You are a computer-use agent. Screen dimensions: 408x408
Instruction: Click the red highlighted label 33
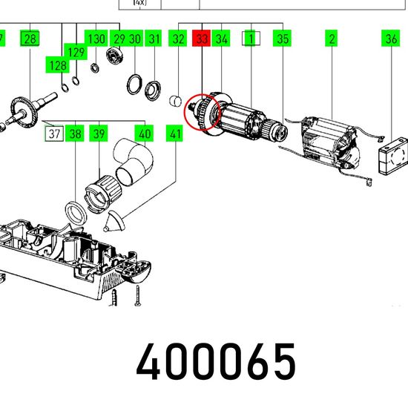coord(201,39)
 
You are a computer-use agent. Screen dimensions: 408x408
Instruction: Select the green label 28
coord(30,39)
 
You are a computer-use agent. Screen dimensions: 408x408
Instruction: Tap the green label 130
coord(96,39)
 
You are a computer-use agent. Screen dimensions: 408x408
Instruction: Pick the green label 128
coord(58,65)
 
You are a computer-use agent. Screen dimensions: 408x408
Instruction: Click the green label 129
coord(76,51)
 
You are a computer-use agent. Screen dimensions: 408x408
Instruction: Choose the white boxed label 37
coord(54,134)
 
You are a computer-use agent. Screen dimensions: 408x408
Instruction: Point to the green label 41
coord(174,134)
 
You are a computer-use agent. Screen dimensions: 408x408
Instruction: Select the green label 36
coord(390,39)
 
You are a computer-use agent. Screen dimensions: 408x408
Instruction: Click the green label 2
coord(332,39)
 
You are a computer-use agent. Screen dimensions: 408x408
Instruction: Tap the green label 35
coord(283,39)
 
